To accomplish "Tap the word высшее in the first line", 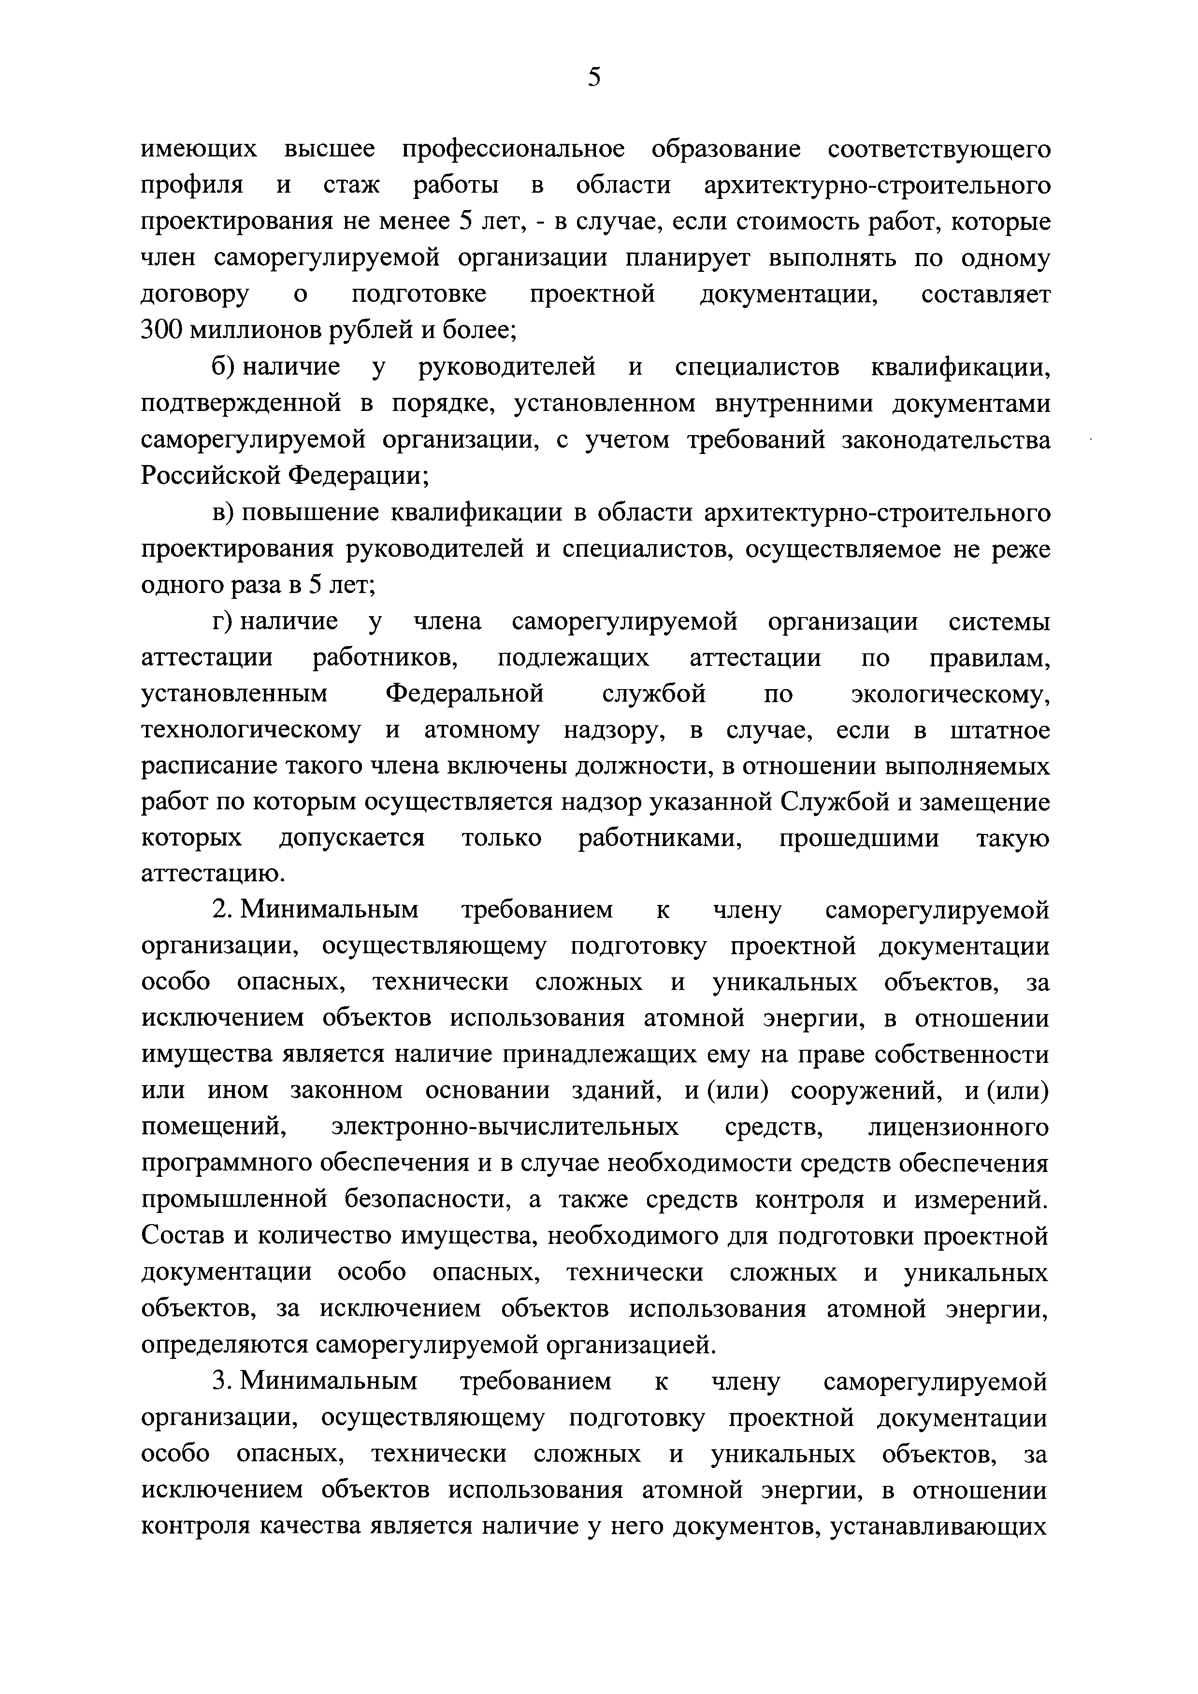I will pos(329,149).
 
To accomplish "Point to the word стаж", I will pos(351,185).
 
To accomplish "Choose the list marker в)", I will pos(223,513).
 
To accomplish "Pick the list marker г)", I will pos(222,622).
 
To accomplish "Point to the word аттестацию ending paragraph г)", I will pos(213,875).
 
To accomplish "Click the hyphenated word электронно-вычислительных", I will pos(505,1128).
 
